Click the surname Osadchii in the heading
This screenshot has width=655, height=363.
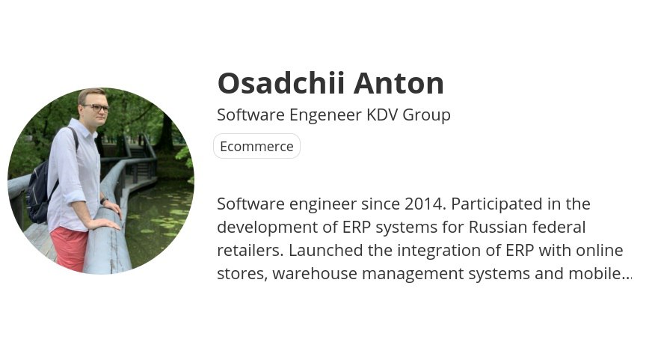(280, 83)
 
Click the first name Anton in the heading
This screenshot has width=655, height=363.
(399, 83)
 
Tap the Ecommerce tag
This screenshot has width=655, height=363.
(256, 147)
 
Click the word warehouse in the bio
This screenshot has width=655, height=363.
(315, 273)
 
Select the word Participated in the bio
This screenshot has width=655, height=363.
(500, 205)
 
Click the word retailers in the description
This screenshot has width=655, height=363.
(250, 250)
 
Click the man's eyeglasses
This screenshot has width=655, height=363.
(96, 108)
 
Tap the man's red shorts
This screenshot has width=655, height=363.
(70, 248)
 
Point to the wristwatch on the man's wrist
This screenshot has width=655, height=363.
(104, 201)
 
